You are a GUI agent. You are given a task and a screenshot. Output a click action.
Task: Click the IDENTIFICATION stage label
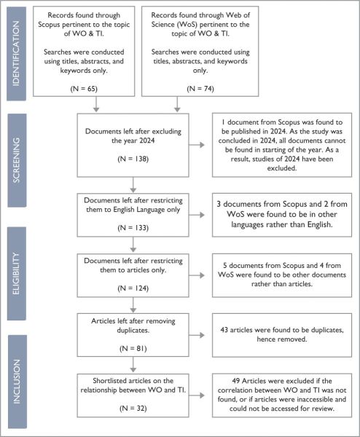[x=17, y=53]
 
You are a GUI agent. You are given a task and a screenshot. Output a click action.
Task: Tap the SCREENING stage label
[x=17, y=160]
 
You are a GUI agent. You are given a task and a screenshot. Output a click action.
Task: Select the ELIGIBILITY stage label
[x=16, y=273]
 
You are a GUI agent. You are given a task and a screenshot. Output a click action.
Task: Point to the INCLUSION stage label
[x=17, y=381]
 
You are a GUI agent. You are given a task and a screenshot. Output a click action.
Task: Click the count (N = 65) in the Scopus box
[x=84, y=89]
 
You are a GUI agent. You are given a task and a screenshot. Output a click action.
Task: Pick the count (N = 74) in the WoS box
[x=200, y=89]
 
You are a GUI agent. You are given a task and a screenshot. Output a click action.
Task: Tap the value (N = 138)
[x=133, y=159]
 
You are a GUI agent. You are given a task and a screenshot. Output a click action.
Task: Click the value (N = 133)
[x=133, y=228]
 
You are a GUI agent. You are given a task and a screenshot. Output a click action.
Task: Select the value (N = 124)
[x=133, y=288]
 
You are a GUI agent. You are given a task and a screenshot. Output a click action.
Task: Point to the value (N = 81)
[x=133, y=348]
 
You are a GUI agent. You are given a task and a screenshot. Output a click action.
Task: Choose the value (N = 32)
[x=133, y=409]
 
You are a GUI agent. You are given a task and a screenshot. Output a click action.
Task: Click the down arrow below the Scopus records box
[x=96, y=104]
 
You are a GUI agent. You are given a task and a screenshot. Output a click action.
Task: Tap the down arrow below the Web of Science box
[x=177, y=104]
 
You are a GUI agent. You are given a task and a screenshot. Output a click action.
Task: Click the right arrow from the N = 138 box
[x=197, y=145]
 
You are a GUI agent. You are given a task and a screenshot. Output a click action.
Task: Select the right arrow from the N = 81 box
[x=197, y=335]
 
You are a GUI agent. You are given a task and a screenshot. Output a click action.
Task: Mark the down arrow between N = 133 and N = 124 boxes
[x=133, y=245]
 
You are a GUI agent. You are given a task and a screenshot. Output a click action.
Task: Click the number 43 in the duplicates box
[x=224, y=330]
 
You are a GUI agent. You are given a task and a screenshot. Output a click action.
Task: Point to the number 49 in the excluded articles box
[x=236, y=381]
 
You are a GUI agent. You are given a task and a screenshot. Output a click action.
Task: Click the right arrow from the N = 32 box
[x=197, y=395]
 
